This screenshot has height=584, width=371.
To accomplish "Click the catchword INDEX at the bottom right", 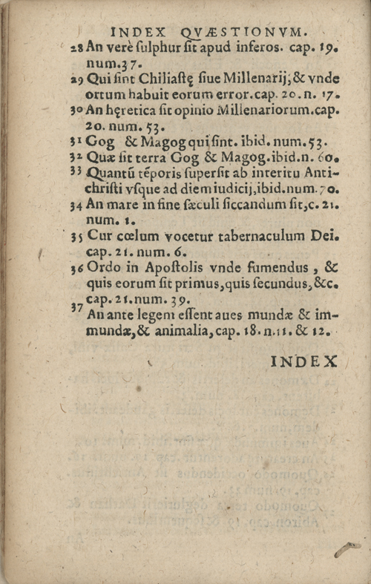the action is [304, 362].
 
